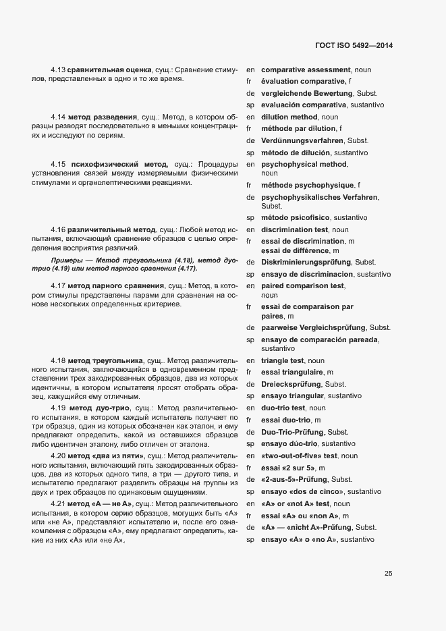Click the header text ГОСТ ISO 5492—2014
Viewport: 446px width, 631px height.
coord(354,45)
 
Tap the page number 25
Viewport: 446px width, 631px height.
coord(389,574)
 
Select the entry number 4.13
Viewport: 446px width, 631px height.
coord(58,70)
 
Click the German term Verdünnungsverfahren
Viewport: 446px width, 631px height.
coord(303,140)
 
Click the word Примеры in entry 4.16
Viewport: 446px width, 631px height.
coord(65,260)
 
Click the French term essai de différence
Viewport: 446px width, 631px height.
coord(296,251)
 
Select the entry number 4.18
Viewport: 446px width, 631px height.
coord(58,361)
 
